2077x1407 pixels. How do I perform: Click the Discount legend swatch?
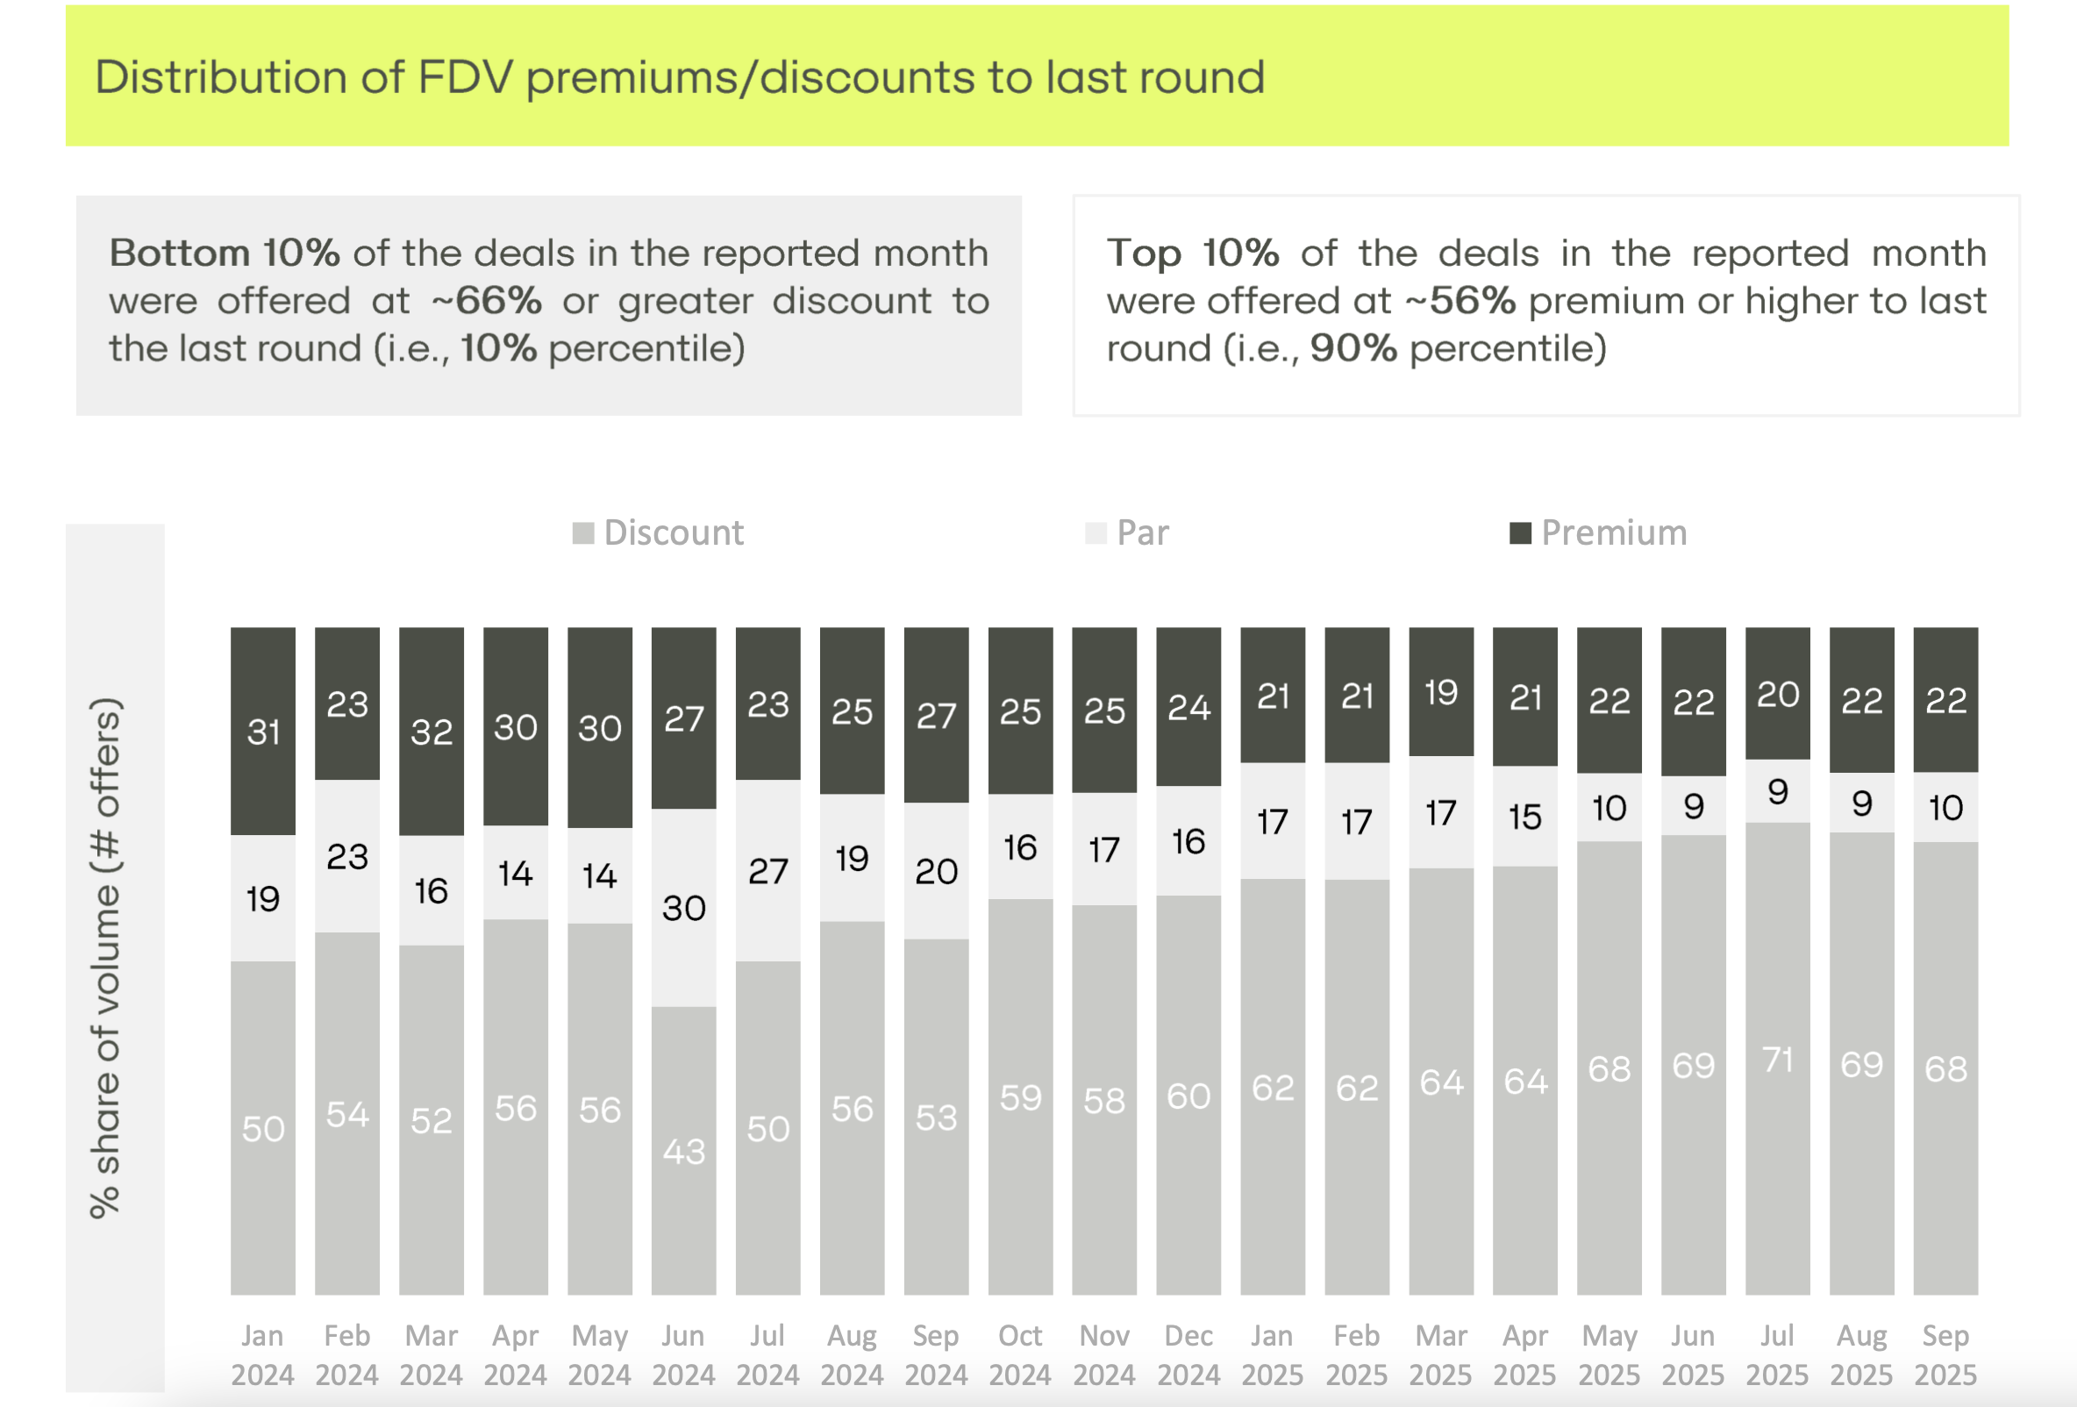pos(582,533)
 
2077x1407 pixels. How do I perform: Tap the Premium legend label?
pos(1613,532)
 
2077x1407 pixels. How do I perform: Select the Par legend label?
pos(1142,532)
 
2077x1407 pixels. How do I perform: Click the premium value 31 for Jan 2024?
pos(264,732)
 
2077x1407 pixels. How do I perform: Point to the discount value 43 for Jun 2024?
pos(683,1152)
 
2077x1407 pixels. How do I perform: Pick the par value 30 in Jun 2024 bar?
pos(683,908)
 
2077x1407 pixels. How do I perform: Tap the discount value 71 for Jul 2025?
pos(1778,1061)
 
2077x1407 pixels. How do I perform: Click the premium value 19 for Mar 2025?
pos(1441,693)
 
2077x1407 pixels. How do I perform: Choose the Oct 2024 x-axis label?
pos(1020,1354)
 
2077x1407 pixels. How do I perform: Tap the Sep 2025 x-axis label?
pos(1945,1354)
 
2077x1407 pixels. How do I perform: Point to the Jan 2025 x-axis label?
pos(1272,1354)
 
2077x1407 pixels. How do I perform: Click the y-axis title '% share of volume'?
pos(105,956)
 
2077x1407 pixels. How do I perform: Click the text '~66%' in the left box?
pos(487,301)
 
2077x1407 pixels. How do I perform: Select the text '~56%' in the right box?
pos(1460,301)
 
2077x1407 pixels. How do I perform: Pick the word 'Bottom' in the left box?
pos(178,254)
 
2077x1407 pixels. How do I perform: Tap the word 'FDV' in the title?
pos(466,77)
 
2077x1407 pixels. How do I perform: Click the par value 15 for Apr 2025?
pos(1524,817)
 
